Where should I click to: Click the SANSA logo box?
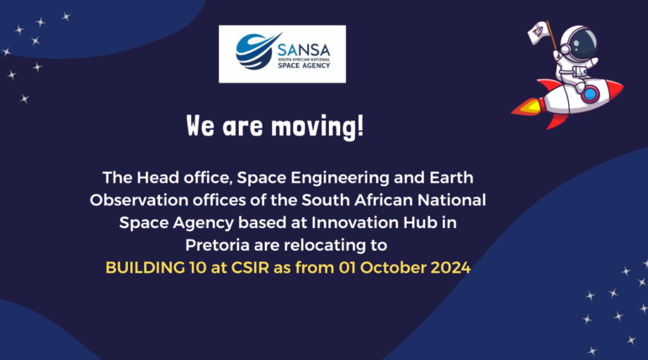282,54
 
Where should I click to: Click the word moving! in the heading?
317,126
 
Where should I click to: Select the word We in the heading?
200,125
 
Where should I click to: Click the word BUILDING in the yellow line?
145,267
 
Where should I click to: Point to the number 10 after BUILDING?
198,267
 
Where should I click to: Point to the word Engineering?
340,178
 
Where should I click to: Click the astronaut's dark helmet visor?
582,44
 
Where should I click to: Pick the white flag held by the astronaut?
539,32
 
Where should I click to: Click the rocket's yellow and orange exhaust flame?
527,107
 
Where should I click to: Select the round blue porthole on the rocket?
591,94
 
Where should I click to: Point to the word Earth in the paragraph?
451,178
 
